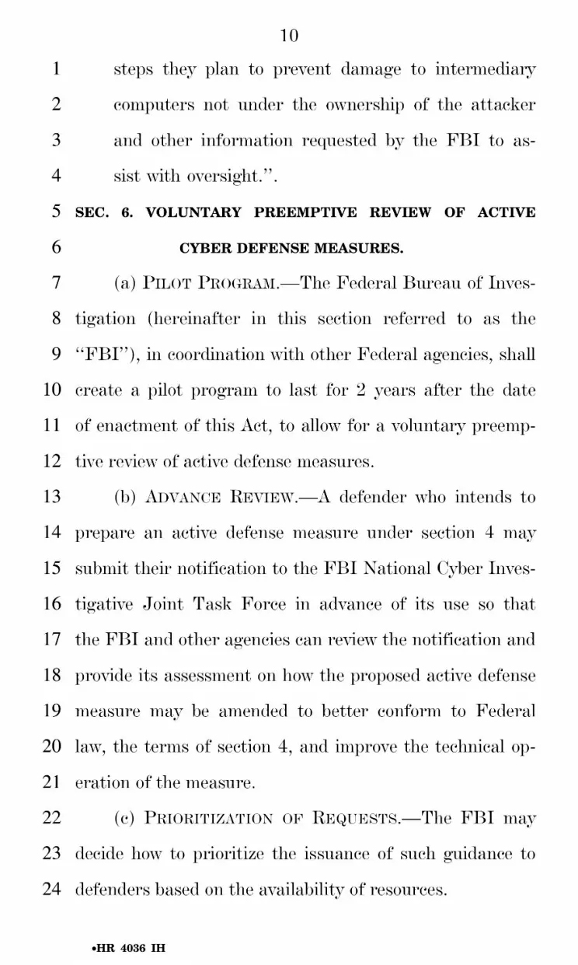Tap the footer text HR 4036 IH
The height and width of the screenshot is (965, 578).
[x=128, y=949]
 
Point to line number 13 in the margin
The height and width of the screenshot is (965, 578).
[x=51, y=497]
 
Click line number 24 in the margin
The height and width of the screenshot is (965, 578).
[x=51, y=890]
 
